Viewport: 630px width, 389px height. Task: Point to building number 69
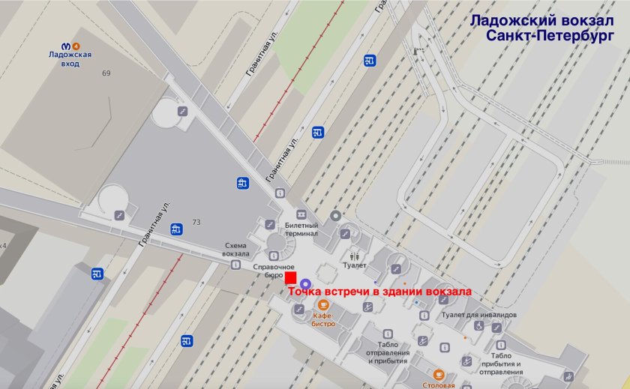point(106,73)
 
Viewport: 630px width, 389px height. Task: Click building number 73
point(196,222)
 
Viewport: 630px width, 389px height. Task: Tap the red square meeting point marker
point(291,277)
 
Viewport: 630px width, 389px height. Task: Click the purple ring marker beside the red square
point(305,283)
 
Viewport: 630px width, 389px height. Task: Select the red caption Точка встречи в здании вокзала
point(380,292)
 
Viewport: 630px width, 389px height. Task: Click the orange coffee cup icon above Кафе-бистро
point(322,304)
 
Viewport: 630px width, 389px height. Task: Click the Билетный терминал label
point(301,229)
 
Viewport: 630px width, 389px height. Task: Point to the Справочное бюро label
point(272,271)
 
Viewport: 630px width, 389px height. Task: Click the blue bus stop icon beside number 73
point(175,229)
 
